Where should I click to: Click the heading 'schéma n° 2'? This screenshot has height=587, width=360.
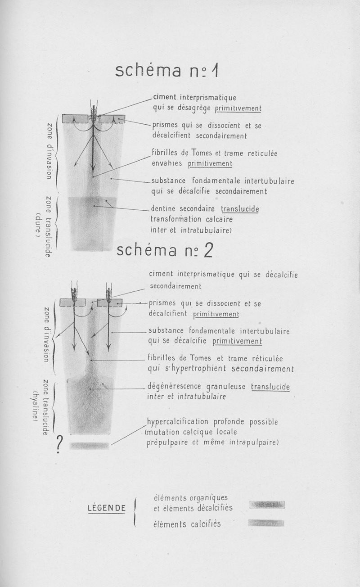tap(165, 250)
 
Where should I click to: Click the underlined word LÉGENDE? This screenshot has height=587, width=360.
tap(107, 508)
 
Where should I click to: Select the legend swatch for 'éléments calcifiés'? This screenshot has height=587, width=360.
tap(266, 523)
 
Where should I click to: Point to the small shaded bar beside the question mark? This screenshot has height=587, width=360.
tap(90, 446)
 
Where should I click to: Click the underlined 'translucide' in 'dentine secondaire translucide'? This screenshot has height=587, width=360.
tap(240, 209)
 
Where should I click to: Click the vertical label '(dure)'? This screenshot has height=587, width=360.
tap(38, 226)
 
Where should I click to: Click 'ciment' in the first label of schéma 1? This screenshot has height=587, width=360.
tap(165, 97)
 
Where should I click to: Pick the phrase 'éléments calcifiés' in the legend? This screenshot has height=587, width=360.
tap(187, 524)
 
